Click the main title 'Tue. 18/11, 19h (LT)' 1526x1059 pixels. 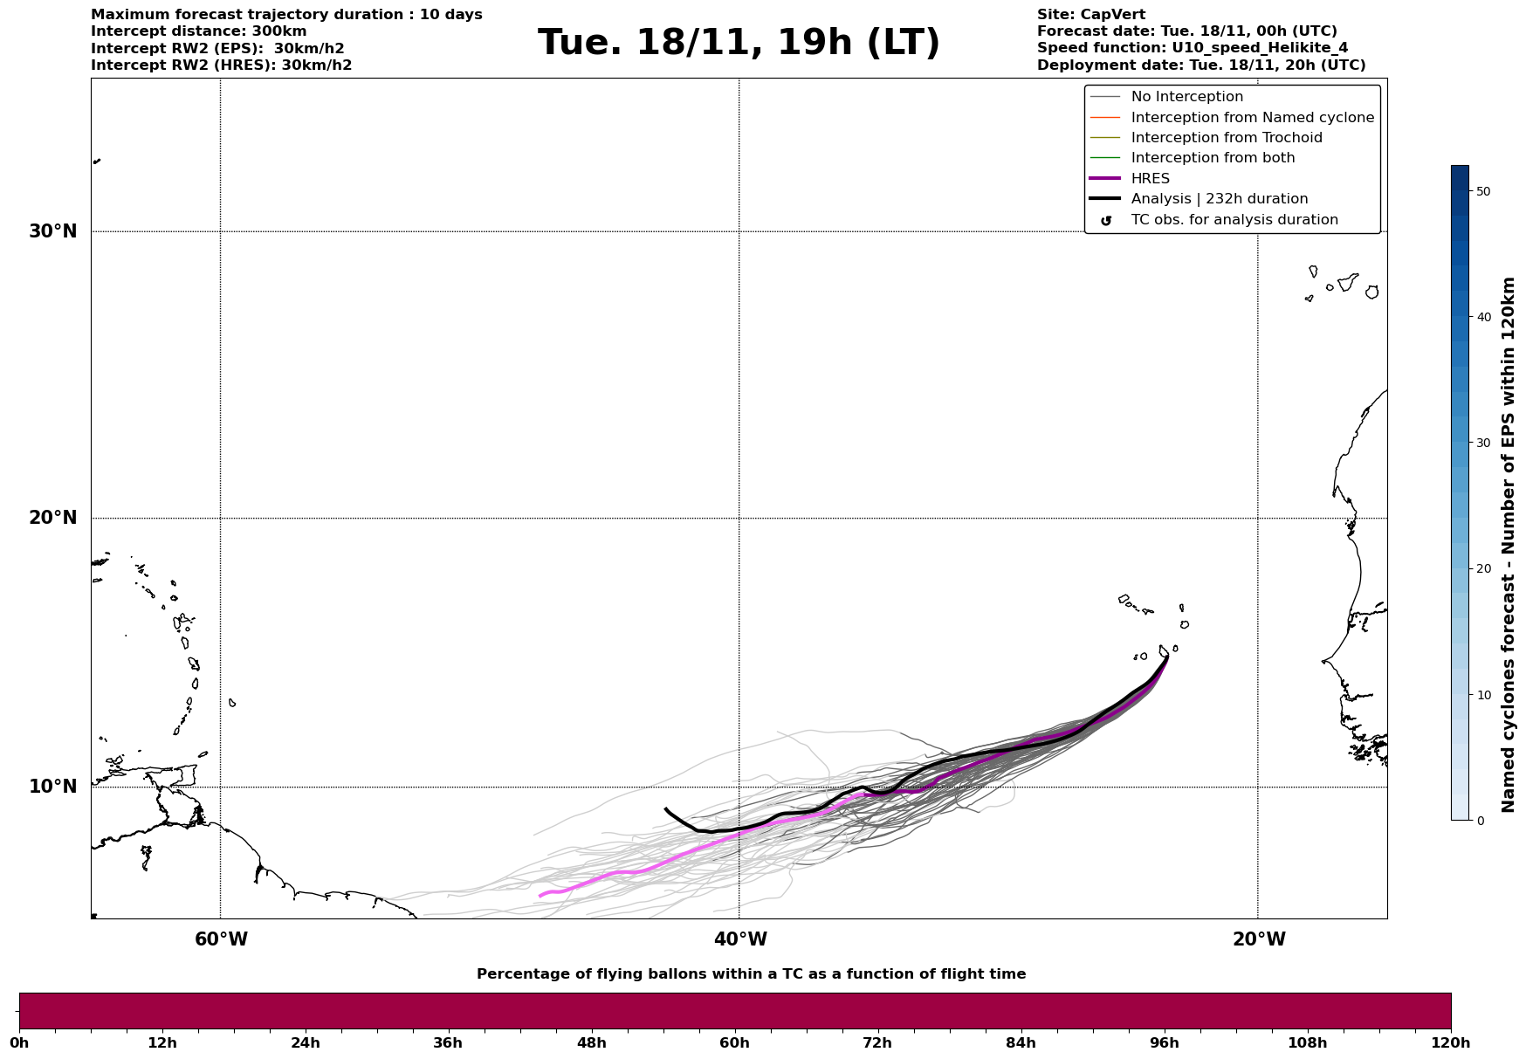click(739, 43)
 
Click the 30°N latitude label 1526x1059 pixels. click(53, 231)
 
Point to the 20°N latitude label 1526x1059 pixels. click(53, 518)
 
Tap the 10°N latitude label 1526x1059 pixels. click(53, 787)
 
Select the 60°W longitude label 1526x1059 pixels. click(221, 939)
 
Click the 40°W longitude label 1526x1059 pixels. click(740, 939)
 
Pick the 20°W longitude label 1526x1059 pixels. click(1258, 939)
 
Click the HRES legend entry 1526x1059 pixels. click(1150, 179)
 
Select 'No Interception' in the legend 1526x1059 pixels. click(1186, 97)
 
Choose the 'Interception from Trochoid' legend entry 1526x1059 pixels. click(1226, 138)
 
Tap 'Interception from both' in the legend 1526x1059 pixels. click(1213, 158)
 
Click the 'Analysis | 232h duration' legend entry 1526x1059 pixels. click(1219, 199)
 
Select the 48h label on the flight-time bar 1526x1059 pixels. click(591, 1042)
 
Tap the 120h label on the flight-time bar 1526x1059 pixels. click(1451, 1042)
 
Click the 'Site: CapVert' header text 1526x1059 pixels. click(1090, 15)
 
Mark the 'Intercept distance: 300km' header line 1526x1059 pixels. click(198, 31)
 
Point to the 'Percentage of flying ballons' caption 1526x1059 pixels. click(751, 974)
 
